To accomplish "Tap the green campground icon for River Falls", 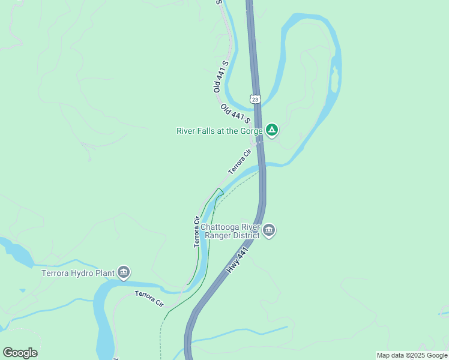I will (272, 130).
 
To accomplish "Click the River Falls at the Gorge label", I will (219, 131).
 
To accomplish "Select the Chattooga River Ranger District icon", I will (269, 230).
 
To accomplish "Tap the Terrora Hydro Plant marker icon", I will (124, 273).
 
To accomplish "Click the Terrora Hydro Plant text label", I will (78, 274).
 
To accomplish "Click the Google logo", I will (20, 353).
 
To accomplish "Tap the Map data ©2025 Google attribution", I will (412, 355).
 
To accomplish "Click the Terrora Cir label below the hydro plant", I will (149, 298).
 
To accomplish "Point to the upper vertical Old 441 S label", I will (220, 76).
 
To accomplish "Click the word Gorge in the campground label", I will (250, 131).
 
